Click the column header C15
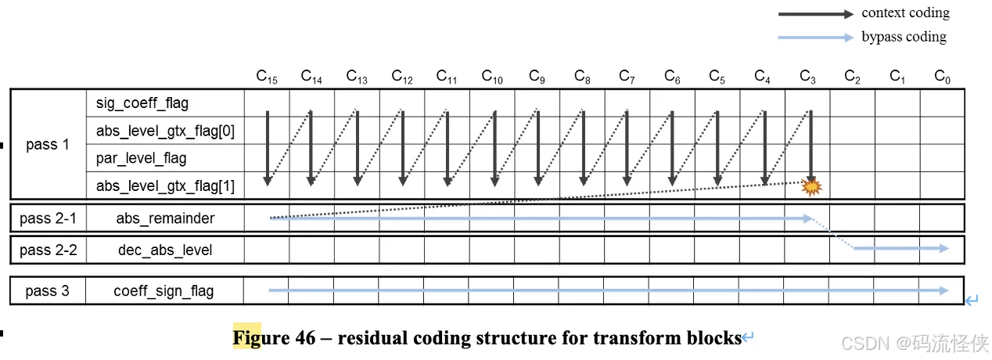[x=267, y=77]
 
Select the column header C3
[x=808, y=77]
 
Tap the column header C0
[x=943, y=77]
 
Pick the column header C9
[x=537, y=77]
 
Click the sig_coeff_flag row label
[x=142, y=103]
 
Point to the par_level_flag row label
[x=142, y=158]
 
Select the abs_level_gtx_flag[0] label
[x=165, y=131]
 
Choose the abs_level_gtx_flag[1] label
[x=165, y=185]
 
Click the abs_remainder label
[x=165, y=218]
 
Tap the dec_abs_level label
[x=165, y=250]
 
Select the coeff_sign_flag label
[x=164, y=291]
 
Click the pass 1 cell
[x=47, y=145]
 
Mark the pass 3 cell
[x=47, y=291]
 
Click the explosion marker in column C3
[x=811, y=186]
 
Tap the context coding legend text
[x=905, y=13]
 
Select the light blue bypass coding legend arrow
[x=814, y=37]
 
